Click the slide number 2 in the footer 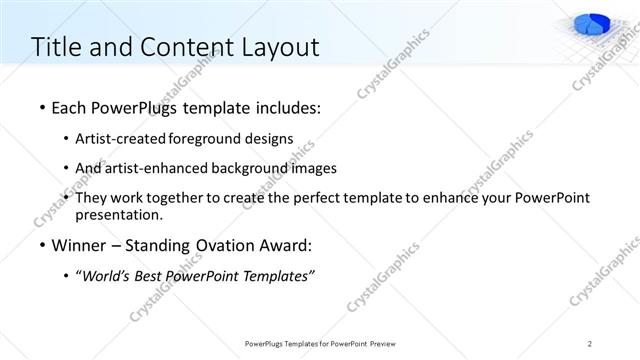[x=591, y=343]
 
